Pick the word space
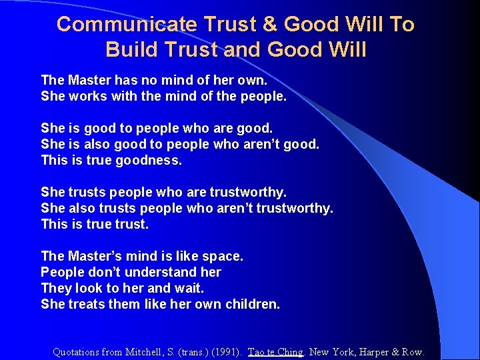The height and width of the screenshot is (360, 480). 223,256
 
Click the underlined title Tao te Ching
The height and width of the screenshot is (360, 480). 275,352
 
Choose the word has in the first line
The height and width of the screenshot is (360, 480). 125,80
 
